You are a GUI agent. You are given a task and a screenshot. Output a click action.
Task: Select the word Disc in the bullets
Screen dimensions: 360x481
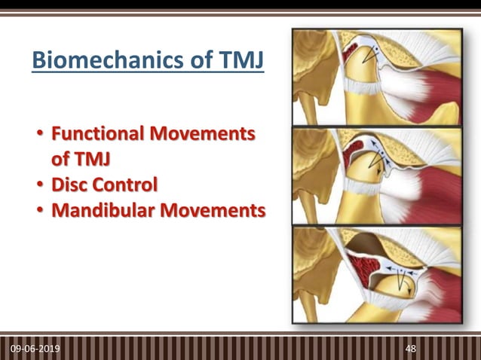pyautogui.click(x=69, y=184)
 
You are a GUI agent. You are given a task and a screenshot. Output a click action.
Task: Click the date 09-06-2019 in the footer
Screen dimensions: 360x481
pyautogui.click(x=37, y=350)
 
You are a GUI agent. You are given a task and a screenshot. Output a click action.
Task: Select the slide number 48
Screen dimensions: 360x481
pyautogui.click(x=411, y=350)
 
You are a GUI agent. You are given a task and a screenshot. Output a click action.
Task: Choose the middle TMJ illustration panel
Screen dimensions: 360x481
pyautogui.click(x=377, y=175)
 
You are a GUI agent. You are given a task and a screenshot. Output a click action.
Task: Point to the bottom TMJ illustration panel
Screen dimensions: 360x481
pyautogui.click(x=377, y=274)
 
